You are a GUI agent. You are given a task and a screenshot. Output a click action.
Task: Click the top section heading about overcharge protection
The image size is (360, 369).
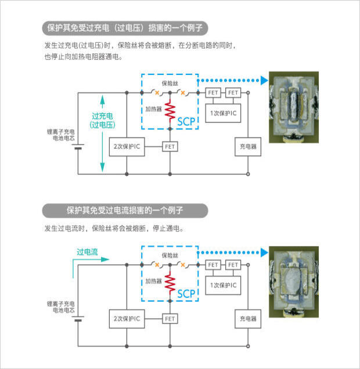125,28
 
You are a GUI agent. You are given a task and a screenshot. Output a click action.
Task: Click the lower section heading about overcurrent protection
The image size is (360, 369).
125,210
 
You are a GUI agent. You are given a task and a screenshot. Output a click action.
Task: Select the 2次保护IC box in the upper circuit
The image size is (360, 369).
127,146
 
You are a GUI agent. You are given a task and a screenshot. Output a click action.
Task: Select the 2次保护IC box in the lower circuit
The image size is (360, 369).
127,319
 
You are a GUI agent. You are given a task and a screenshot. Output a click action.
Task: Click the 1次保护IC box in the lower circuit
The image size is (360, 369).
223,284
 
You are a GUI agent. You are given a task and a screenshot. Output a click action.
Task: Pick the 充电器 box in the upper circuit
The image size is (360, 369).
248,146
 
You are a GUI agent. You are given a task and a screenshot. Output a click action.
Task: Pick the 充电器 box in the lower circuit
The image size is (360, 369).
248,319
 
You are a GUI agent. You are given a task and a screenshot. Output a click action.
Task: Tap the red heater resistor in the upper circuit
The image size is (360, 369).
170,111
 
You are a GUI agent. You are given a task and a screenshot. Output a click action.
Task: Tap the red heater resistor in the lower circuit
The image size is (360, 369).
170,283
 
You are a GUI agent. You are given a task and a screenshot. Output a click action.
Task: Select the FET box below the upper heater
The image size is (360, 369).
170,147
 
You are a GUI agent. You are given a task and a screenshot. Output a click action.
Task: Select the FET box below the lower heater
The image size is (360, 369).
170,319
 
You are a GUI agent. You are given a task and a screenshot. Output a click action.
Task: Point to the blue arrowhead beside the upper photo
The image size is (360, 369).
264,81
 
